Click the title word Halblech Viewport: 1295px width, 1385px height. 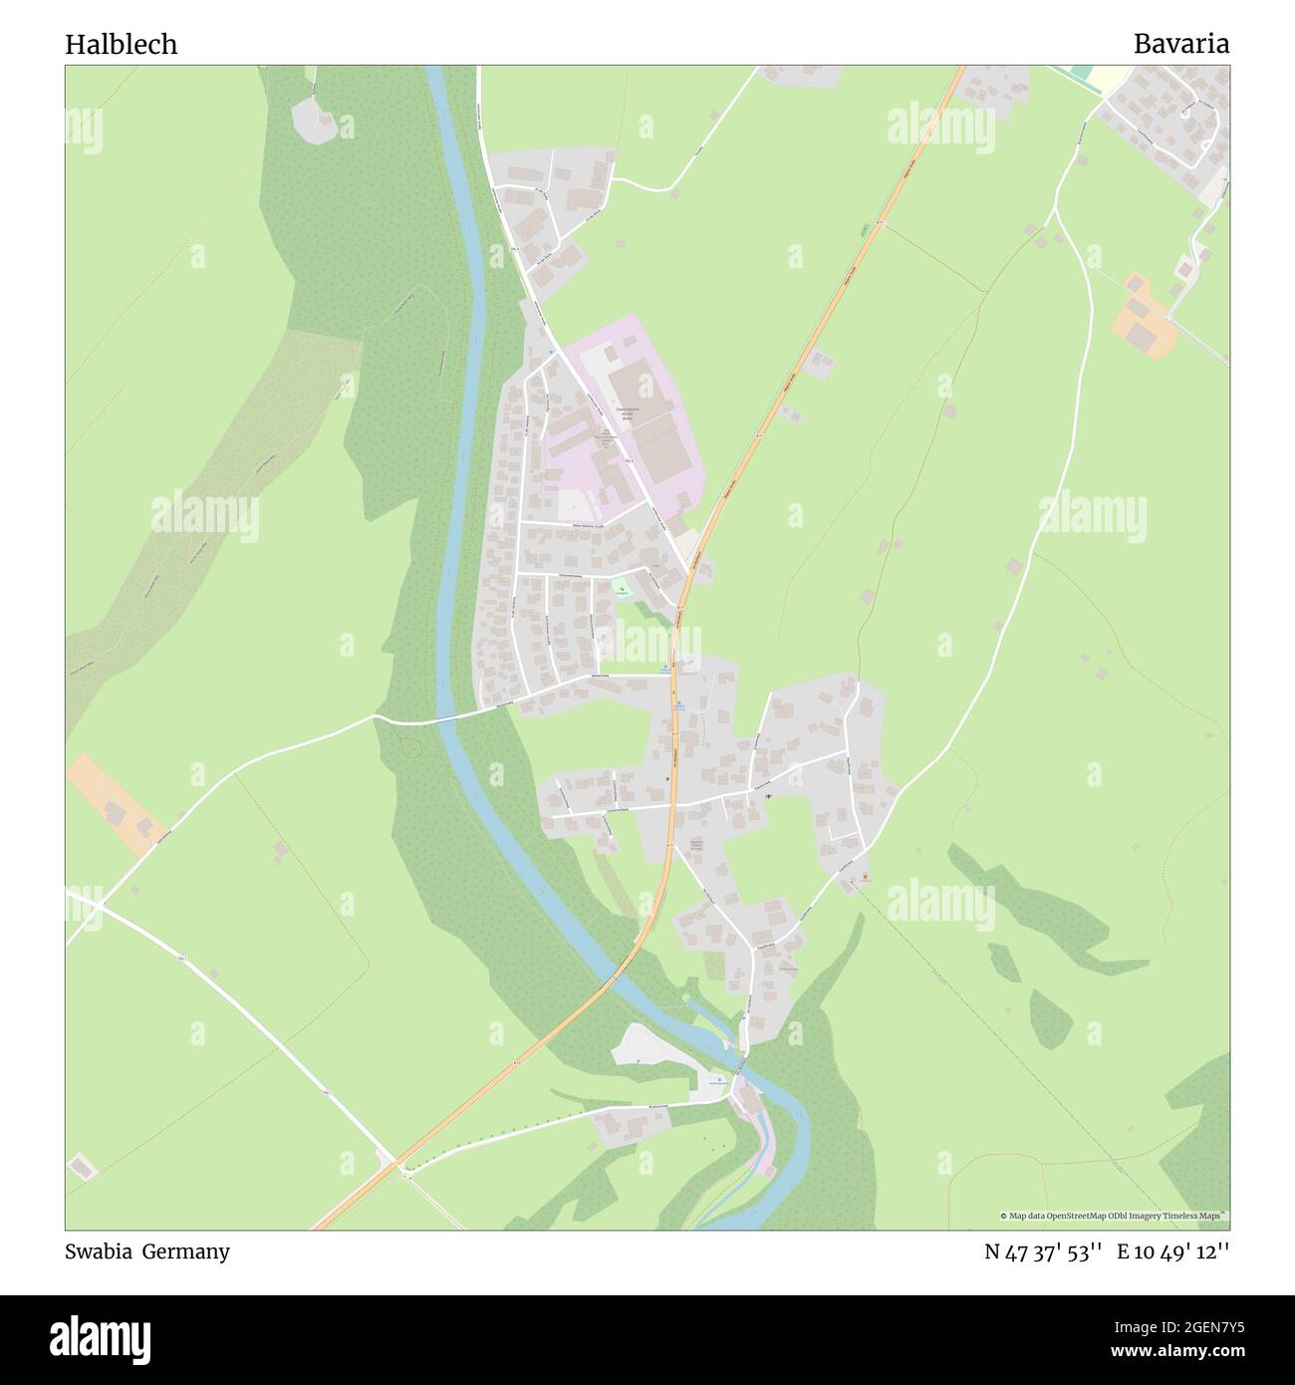point(121,44)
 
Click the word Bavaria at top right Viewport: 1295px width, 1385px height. point(1180,44)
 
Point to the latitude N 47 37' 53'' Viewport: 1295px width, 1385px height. point(1043,1251)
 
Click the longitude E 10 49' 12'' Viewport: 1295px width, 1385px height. point(1172,1251)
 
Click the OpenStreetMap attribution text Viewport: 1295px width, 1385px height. point(1115,1216)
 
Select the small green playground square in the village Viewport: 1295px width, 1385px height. point(621,589)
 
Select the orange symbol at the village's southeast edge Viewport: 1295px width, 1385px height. point(865,877)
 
